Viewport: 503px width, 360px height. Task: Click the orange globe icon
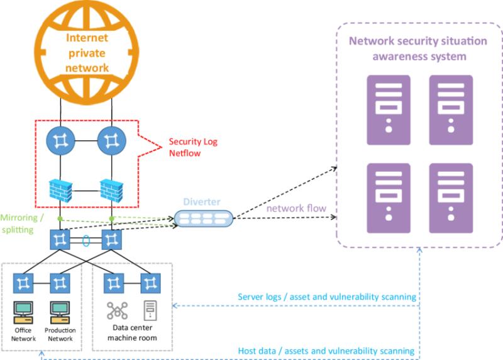87,52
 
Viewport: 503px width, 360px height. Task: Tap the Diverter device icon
203,218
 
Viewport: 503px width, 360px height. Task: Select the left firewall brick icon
60,191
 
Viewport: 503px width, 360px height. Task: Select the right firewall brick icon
112,191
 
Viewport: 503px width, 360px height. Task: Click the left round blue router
60,140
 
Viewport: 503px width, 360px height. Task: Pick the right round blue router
112,140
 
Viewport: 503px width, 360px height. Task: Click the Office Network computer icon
23,312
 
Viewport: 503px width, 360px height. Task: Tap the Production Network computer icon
60,312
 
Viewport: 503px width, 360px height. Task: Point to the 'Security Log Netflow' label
193,147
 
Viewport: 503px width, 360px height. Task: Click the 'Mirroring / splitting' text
22,223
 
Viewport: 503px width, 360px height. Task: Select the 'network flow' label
296,208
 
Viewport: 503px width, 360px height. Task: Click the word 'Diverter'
202,201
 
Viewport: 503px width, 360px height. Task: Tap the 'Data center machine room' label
132,333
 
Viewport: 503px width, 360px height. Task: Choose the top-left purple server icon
389,110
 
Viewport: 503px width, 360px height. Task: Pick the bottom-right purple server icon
451,198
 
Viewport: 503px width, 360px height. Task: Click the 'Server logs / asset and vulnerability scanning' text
327,297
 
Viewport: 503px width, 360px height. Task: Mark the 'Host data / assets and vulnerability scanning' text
326,351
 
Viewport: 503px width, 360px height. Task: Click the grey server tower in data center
150,310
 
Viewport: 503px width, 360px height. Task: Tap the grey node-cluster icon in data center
117,310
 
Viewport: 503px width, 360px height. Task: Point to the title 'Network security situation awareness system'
418,48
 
